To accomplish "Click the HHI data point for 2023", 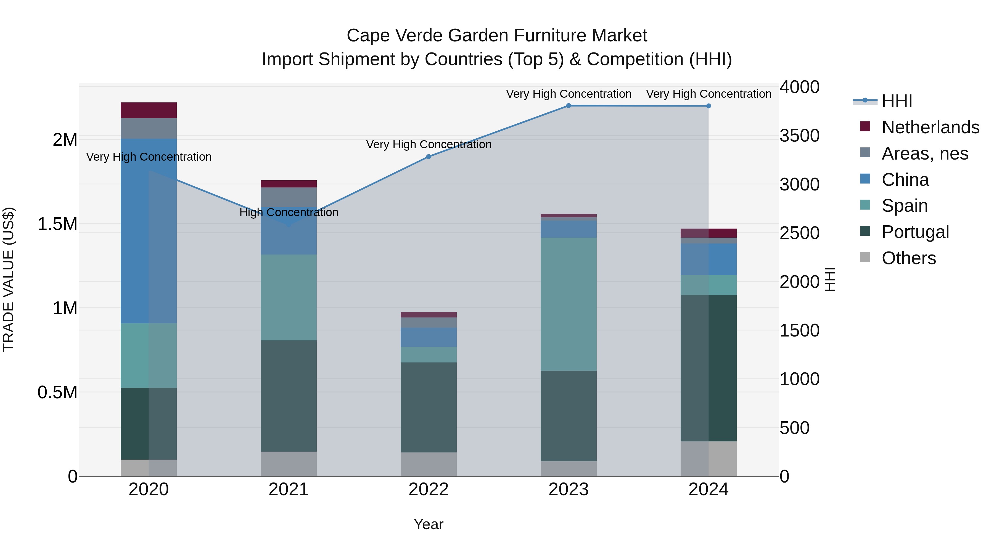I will click(569, 106).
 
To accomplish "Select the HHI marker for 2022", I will click(428, 157).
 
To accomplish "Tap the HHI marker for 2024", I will click(709, 106).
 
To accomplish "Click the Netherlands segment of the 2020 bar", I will click(149, 110).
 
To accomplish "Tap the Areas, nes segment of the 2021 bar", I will click(289, 197).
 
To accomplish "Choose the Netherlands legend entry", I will click(930, 127).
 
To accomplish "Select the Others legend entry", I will click(908, 258).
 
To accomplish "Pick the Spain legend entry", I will click(905, 206).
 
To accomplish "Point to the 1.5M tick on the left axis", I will click(57, 224).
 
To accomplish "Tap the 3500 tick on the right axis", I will click(800, 136).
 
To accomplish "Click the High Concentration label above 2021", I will click(289, 213).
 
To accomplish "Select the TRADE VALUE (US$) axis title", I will click(9, 279).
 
